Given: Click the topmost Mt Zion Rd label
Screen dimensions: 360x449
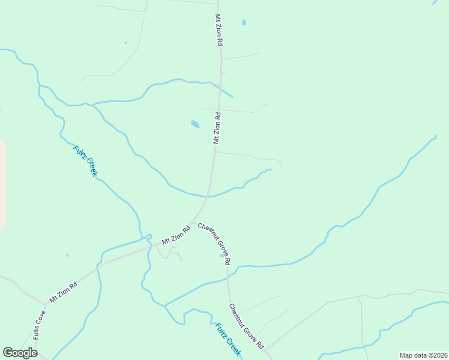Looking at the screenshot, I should pos(219,31).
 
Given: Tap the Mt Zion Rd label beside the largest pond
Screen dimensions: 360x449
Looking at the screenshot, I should pos(217,128).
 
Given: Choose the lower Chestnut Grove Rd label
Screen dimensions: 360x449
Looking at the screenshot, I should pos(246,326).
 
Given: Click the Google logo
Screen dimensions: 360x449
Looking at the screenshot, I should pos(20,353).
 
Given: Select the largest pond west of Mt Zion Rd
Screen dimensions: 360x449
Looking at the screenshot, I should pos(194,124).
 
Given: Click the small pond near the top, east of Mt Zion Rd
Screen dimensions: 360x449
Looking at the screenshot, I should pos(244,23).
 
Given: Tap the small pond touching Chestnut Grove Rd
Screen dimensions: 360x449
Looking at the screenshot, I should pos(222,256).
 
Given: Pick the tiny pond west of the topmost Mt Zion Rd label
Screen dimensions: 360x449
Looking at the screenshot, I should pos(125,43).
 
